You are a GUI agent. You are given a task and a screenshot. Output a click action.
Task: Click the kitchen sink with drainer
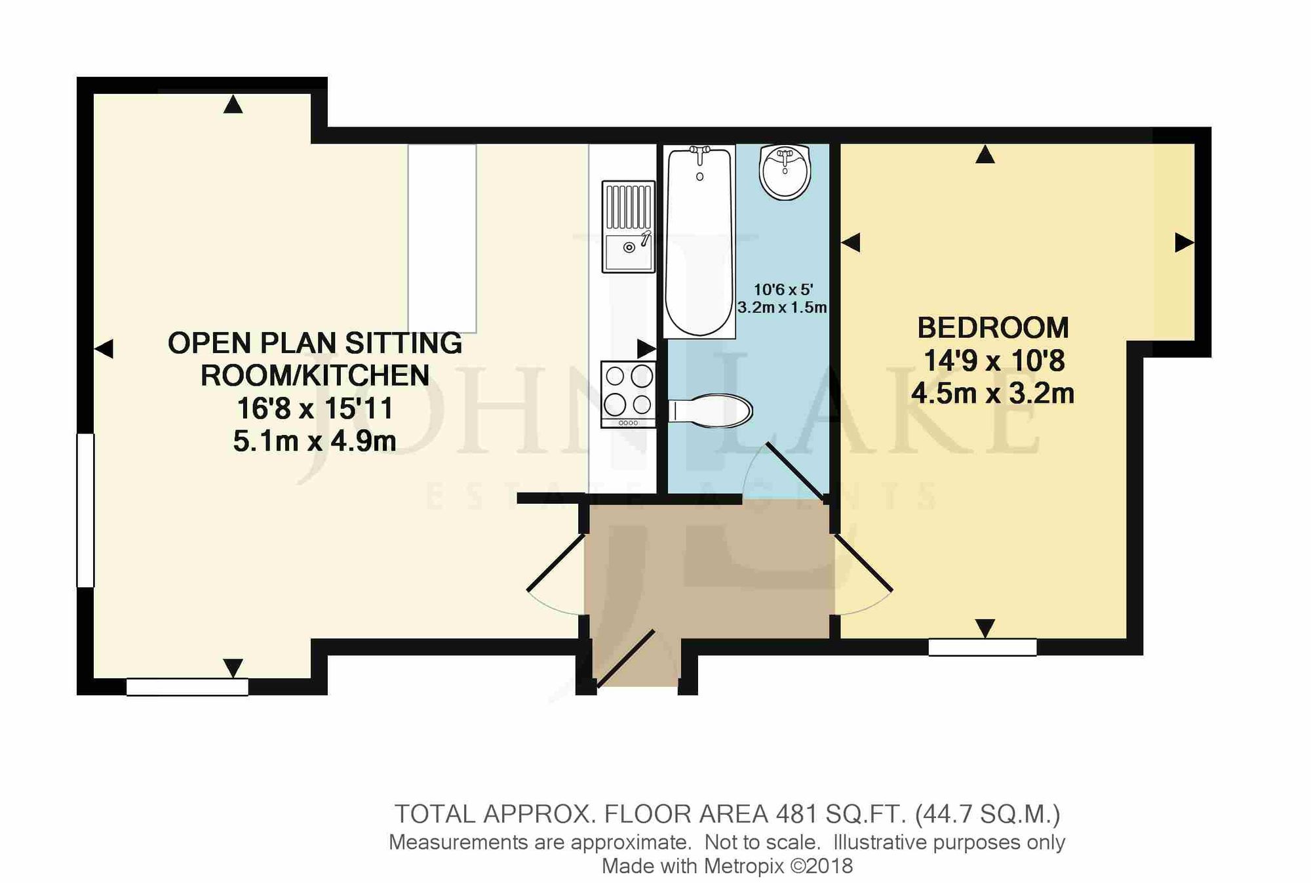tap(628, 226)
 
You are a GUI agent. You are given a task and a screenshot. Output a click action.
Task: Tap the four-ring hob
tap(628, 394)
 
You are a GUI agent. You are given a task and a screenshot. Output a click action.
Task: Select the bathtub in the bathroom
tap(699, 241)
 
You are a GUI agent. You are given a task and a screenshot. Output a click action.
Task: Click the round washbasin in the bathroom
tap(785, 171)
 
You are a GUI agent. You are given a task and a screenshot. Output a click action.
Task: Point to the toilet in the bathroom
tap(711, 411)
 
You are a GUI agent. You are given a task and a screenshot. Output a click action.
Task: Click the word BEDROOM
tap(992, 328)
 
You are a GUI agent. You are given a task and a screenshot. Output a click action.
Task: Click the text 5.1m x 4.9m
tap(315, 441)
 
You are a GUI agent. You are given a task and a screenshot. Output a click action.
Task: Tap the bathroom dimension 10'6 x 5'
tap(783, 289)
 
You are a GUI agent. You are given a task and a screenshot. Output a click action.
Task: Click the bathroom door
tap(794, 471)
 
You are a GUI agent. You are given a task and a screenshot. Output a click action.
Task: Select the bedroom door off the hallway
tap(863, 563)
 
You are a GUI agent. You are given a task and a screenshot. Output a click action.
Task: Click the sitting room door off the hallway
tap(556, 563)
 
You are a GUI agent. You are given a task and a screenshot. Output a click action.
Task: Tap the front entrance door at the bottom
tap(625, 659)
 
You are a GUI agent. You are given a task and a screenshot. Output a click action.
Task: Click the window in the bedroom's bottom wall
tap(982, 647)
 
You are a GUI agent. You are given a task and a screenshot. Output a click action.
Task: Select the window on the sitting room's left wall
tap(85, 510)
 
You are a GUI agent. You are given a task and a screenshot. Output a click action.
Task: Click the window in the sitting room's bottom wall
tap(187, 687)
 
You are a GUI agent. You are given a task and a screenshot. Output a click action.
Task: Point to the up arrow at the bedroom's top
tap(985, 155)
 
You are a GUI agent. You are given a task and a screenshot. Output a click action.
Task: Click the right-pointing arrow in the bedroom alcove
tap(1183, 243)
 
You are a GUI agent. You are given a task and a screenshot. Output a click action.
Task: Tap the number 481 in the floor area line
tap(796, 814)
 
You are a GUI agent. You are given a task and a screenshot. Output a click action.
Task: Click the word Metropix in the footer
tap(743, 866)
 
